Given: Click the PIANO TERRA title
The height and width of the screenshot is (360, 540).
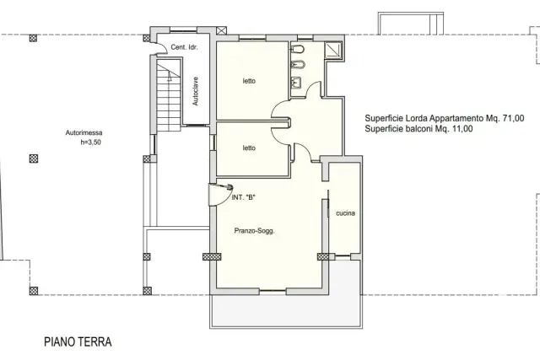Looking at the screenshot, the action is pyautogui.click(x=78, y=341).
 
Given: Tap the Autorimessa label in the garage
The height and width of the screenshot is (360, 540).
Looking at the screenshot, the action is pyautogui.click(x=84, y=132).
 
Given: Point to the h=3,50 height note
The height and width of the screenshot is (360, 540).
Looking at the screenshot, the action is pyautogui.click(x=91, y=142).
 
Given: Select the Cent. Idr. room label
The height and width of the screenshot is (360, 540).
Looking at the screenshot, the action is pyautogui.click(x=184, y=47).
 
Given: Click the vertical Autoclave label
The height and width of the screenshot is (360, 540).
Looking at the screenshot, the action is pyautogui.click(x=195, y=91).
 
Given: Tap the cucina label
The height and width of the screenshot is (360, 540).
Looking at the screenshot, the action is pyautogui.click(x=345, y=213).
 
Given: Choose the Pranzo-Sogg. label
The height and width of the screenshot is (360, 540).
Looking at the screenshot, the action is pyautogui.click(x=254, y=231).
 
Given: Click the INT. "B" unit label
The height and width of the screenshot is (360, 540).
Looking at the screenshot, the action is pyautogui.click(x=244, y=197).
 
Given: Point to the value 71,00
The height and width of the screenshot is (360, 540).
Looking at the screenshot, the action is pyautogui.click(x=514, y=118).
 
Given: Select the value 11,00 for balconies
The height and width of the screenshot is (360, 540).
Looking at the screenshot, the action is pyautogui.click(x=462, y=129).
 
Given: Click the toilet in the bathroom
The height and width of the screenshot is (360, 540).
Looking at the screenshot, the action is pyautogui.click(x=298, y=50).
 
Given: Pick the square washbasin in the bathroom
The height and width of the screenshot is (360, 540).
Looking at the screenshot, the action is pyautogui.click(x=296, y=83).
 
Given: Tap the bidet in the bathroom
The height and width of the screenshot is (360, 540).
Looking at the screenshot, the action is pyautogui.click(x=298, y=64).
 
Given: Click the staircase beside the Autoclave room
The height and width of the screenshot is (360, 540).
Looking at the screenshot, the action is pyautogui.click(x=169, y=94).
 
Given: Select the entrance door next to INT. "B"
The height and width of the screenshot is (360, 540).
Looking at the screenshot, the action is pyautogui.click(x=220, y=195).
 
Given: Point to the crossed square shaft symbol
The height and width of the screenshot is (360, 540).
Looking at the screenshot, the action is pyautogui.click(x=221, y=30).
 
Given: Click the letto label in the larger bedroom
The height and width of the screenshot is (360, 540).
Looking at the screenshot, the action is pyautogui.click(x=249, y=81).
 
